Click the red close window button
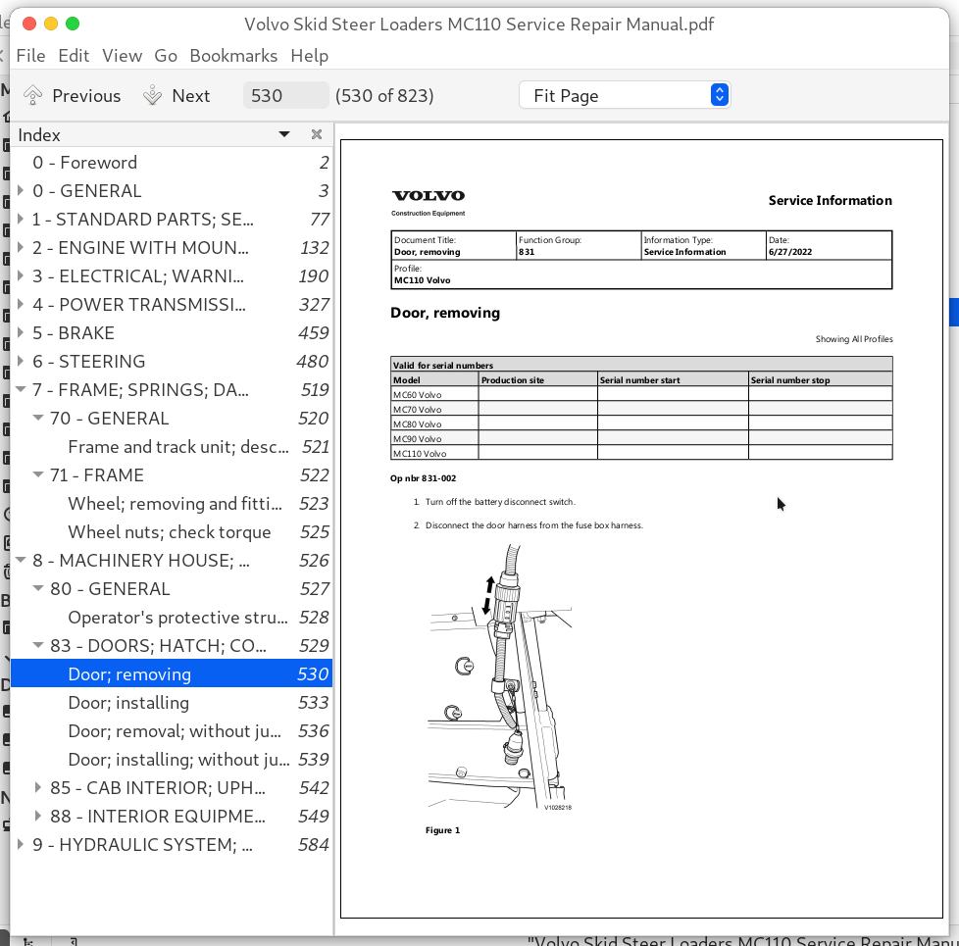pyautogui.click(x=27, y=24)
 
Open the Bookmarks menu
pyautogui.click(x=233, y=56)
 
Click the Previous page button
pyautogui.click(x=73, y=95)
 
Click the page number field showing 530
pyautogui.click(x=285, y=95)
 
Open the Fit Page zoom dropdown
pyautogui.click(x=624, y=95)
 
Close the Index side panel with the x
pyautogui.click(x=317, y=134)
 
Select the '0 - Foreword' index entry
pyautogui.click(x=84, y=163)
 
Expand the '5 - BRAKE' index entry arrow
pyautogui.click(x=21, y=333)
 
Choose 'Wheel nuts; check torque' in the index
pyautogui.click(x=169, y=532)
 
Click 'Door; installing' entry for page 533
pyautogui.click(x=128, y=703)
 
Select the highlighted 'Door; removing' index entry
pyautogui.click(x=129, y=674)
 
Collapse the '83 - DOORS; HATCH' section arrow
pyautogui.click(x=38, y=646)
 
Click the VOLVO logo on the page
pyautogui.click(x=428, y=196)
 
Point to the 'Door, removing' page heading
pyautogui.click(x=445, y=313)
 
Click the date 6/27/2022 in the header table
pyautogui.click(x=791, y=252)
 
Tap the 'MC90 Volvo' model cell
pyautogui.click(x=418, y=439)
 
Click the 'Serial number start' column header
pyautogui.click(x=640, y=379)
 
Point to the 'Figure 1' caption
pyautogui.click(x=442, y=830)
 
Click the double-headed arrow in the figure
pyautogui.click(x=488, y=595)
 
